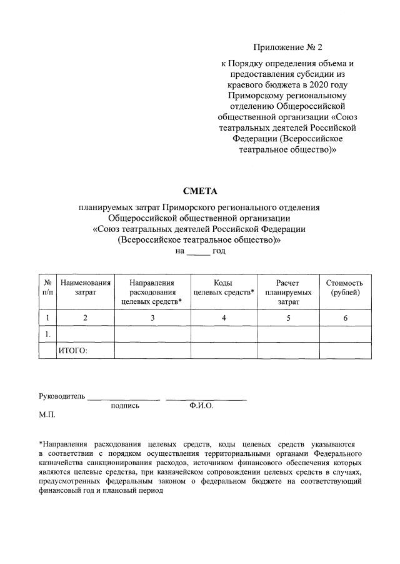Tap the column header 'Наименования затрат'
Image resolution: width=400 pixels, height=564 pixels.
click(x=86, y=288)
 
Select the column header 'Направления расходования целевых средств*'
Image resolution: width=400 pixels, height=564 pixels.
click(x=151, y=292)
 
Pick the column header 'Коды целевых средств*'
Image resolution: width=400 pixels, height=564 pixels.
click(x=224, y=288)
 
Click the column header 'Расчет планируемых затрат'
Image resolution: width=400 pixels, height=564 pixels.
click(x=288, y=292)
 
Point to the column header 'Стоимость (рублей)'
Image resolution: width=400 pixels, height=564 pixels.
click(x=344, y=288)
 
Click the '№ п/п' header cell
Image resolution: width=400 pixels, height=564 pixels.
click(x=47, y=288)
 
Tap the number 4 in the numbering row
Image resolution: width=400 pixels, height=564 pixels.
click(x=224, y=318)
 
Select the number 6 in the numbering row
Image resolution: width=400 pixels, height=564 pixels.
click(x=344, y=318)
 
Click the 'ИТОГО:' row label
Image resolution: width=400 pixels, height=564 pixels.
click(x=73, y=351)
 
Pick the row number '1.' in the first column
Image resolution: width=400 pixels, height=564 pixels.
click(x=47, y=335)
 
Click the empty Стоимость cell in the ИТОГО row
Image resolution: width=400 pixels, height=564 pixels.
click(x=344, y=351)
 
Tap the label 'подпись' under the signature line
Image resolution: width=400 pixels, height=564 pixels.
click(x=125, y=406)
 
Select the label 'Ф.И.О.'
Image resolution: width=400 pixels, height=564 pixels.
click(x=201, y=406)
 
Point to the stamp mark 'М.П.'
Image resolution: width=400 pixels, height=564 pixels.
click(x=47, y=415)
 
